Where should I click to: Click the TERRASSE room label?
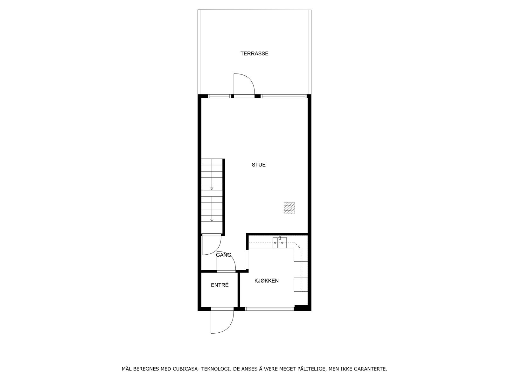(x=254, y=53)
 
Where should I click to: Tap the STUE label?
(x=259, y=165)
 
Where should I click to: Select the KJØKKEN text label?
(x=267, y=281)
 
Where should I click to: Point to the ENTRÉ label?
(x=220, y=285)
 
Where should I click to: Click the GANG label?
(x=224, y=255)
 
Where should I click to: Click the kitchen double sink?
(x=280, y=243)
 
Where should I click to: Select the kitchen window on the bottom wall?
(x=269, y=308)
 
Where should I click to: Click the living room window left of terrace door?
(x=220, y=96)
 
